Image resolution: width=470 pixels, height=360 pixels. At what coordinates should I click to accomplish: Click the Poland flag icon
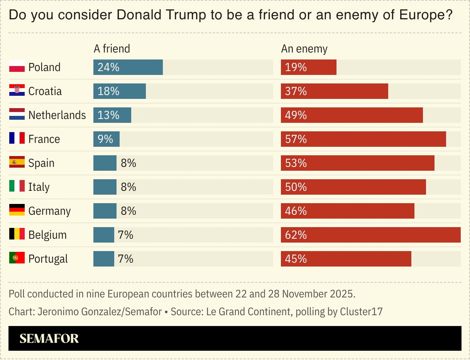(17, 67)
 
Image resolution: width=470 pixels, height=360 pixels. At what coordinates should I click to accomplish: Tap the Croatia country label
(45, 91)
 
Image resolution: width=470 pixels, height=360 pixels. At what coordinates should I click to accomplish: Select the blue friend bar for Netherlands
(112, 115)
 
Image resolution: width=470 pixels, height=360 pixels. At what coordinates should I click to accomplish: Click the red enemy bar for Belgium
(370, 235)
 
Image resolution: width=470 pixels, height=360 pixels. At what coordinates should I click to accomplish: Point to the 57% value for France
(296, 139)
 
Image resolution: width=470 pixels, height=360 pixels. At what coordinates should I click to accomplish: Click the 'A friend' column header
(112, 49)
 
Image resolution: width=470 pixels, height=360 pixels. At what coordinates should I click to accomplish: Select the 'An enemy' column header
(304, 49)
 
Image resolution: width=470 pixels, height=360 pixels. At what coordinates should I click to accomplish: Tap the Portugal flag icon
(17, 258)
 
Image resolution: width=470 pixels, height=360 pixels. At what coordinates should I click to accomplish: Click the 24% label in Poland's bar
(108, 67)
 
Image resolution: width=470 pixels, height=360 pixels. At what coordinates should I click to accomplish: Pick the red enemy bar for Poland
(309, 67)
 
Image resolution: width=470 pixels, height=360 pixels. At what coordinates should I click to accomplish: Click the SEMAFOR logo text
(49, 338)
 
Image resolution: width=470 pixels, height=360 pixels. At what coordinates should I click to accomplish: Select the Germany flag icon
(17, 211)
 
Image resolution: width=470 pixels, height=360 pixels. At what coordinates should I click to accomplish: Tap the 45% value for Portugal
(296, 259)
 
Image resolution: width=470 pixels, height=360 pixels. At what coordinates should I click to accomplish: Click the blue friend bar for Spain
(105, 163)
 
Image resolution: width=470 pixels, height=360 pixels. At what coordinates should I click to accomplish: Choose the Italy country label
(39, 187)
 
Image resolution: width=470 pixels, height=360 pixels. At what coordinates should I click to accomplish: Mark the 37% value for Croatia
(296, 91)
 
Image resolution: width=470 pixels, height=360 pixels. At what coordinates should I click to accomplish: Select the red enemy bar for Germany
(347, 211)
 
